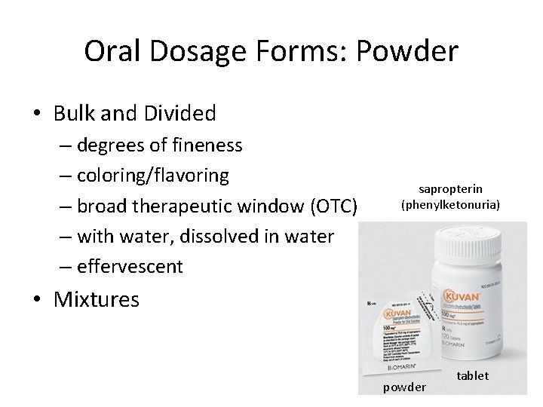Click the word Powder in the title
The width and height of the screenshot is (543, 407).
pyautogui.click(x=406, y=52)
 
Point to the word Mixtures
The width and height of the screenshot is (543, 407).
pyautogui.click(x=97, y=299)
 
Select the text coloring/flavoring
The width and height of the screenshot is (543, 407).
pyautogui.click(x=153, y=176)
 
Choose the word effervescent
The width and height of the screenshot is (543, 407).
pyautogui.click(x=130, y=266)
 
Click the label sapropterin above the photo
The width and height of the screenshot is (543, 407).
pyautogui.click(x=451, y=188)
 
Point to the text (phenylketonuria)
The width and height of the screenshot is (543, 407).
pyautogui.click(x=451, y=204)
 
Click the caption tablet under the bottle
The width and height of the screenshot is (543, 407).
pyautogui.click(x=473, y=375)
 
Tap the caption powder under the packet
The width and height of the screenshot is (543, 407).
pyautogui.click(x=405, y=387)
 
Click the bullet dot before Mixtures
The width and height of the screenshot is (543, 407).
pyautogui.click(x=36, y=299)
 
